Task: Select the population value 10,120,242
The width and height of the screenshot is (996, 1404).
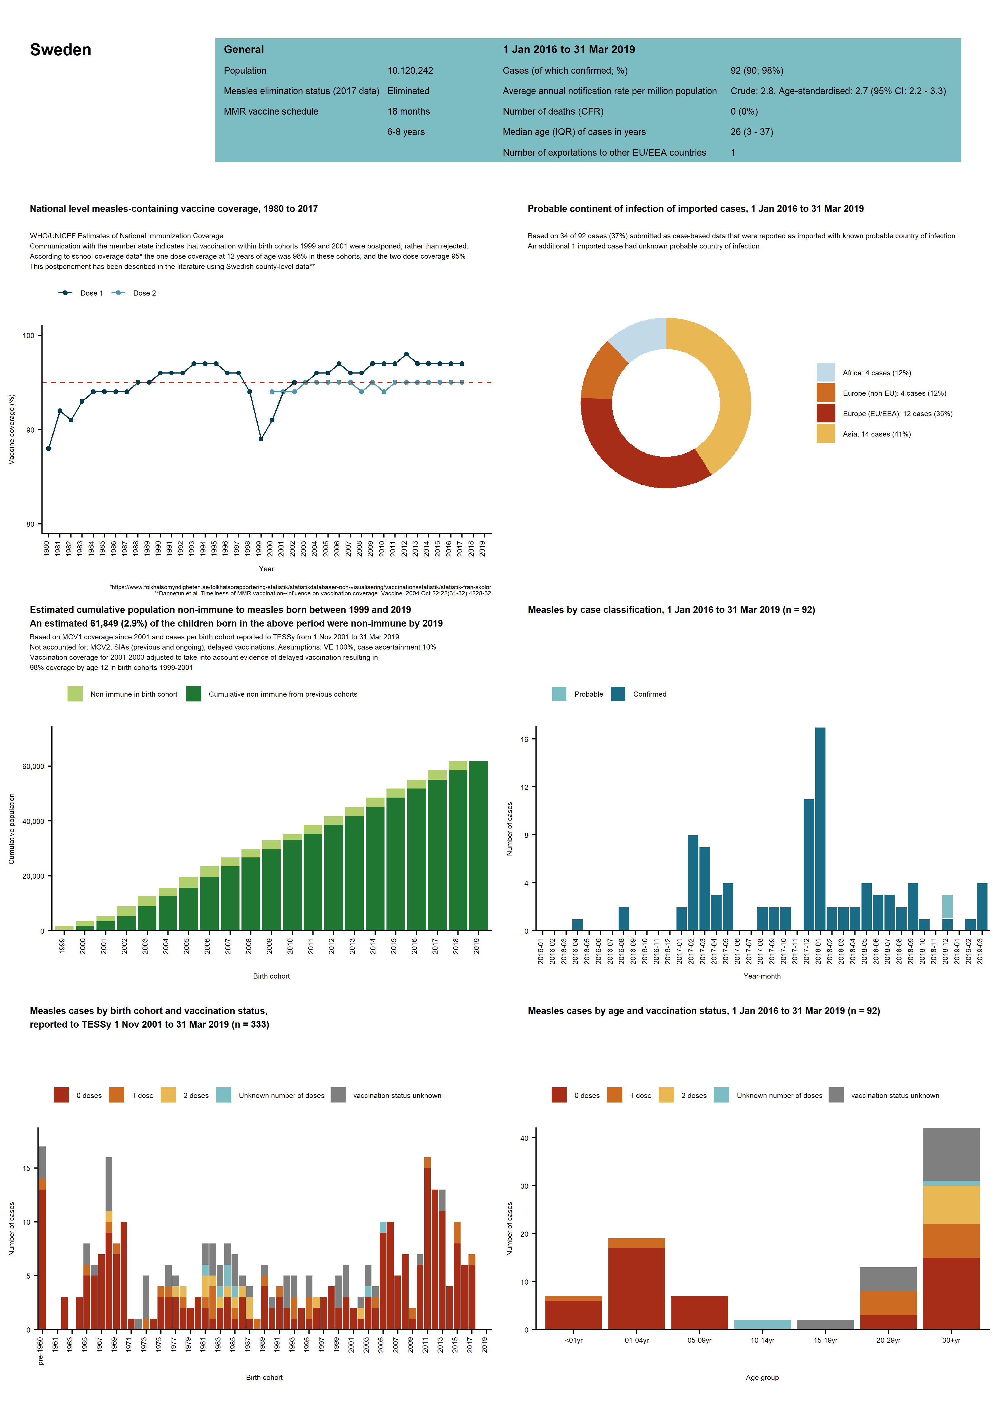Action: (410, 71)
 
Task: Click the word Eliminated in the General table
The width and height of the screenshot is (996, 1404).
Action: (408, 91)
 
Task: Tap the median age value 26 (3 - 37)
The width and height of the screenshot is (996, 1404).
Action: (751, 132)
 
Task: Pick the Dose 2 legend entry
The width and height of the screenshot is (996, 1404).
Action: (144, 293)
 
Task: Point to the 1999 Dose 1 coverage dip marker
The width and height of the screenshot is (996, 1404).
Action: (261, 439)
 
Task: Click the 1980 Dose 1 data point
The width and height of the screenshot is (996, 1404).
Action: (49, 448)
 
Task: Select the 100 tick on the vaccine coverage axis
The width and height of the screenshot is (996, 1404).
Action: (28, 335)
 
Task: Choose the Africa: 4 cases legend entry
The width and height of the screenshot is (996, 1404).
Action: (876, 373)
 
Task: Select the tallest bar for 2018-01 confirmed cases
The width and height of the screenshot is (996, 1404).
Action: (820, 828)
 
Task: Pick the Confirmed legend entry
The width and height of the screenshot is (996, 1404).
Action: (649, 694)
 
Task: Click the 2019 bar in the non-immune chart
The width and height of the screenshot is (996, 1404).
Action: (478, 846)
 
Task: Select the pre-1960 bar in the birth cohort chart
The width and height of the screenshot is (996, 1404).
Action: (42, 1257)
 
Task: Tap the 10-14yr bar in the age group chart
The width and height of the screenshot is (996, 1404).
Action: (762, 1324)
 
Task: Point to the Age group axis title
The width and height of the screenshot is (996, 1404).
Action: (762, 1377)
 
